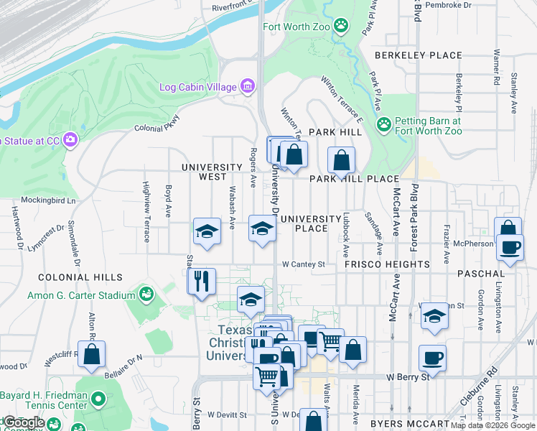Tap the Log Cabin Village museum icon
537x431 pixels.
click(248, 87)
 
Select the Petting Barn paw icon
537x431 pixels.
click(384, 124)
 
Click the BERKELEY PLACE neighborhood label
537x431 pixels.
click(419, 55)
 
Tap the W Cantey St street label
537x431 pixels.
click(304, 264)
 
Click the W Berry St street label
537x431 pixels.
click(407, 376)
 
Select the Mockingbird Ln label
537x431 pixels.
click(47, 201)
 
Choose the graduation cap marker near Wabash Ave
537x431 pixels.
click(207, 231)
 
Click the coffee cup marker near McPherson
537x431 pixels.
click(510, 248)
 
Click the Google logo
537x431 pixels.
click(24, 422)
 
